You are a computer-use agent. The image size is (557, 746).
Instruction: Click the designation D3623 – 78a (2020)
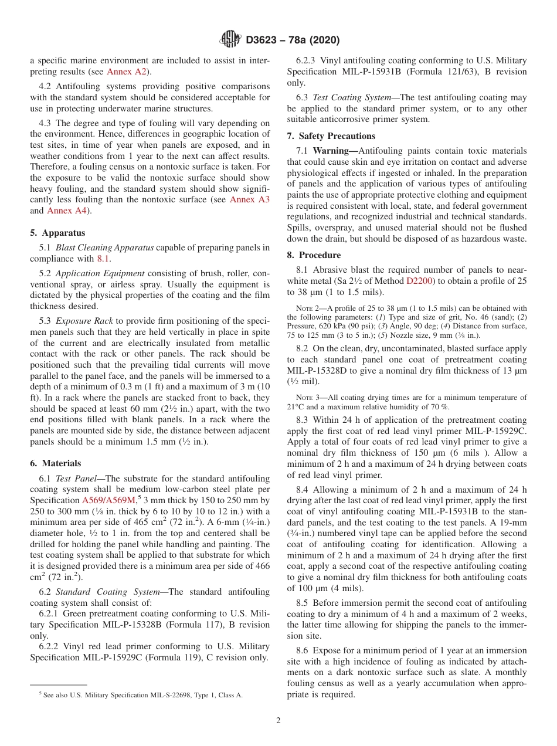293,40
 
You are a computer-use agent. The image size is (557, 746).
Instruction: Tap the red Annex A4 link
67,211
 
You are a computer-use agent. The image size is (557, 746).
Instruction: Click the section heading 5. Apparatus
57,233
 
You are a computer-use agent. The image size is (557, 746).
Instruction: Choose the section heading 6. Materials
56,463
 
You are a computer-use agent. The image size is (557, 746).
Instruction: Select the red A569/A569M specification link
108,500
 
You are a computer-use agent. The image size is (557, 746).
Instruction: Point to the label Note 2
310,308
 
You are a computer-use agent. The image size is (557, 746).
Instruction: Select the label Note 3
310,398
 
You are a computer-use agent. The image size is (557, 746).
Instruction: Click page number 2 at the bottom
278,721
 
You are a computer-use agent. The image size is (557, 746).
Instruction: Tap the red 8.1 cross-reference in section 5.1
103,258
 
